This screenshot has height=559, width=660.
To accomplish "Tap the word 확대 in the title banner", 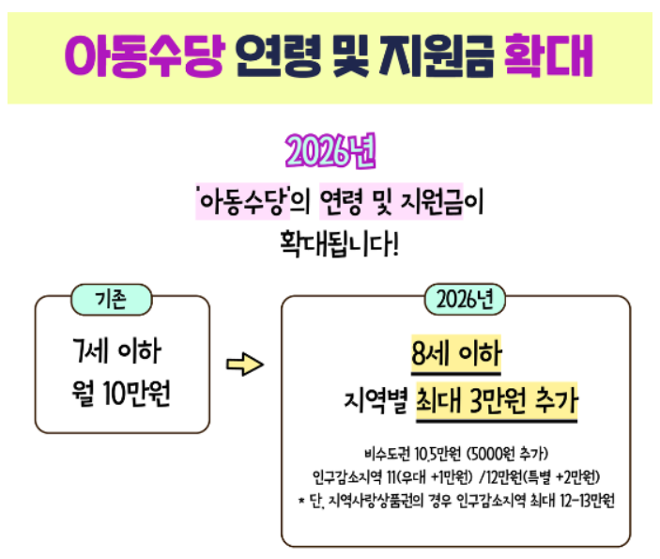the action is point(548,56).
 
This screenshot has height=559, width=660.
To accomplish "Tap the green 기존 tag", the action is point(111,300).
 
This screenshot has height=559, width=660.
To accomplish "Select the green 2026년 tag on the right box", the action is point(465,301).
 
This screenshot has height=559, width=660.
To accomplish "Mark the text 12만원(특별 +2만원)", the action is point(545,476).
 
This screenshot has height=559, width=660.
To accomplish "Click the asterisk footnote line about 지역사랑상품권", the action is point(454,499).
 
